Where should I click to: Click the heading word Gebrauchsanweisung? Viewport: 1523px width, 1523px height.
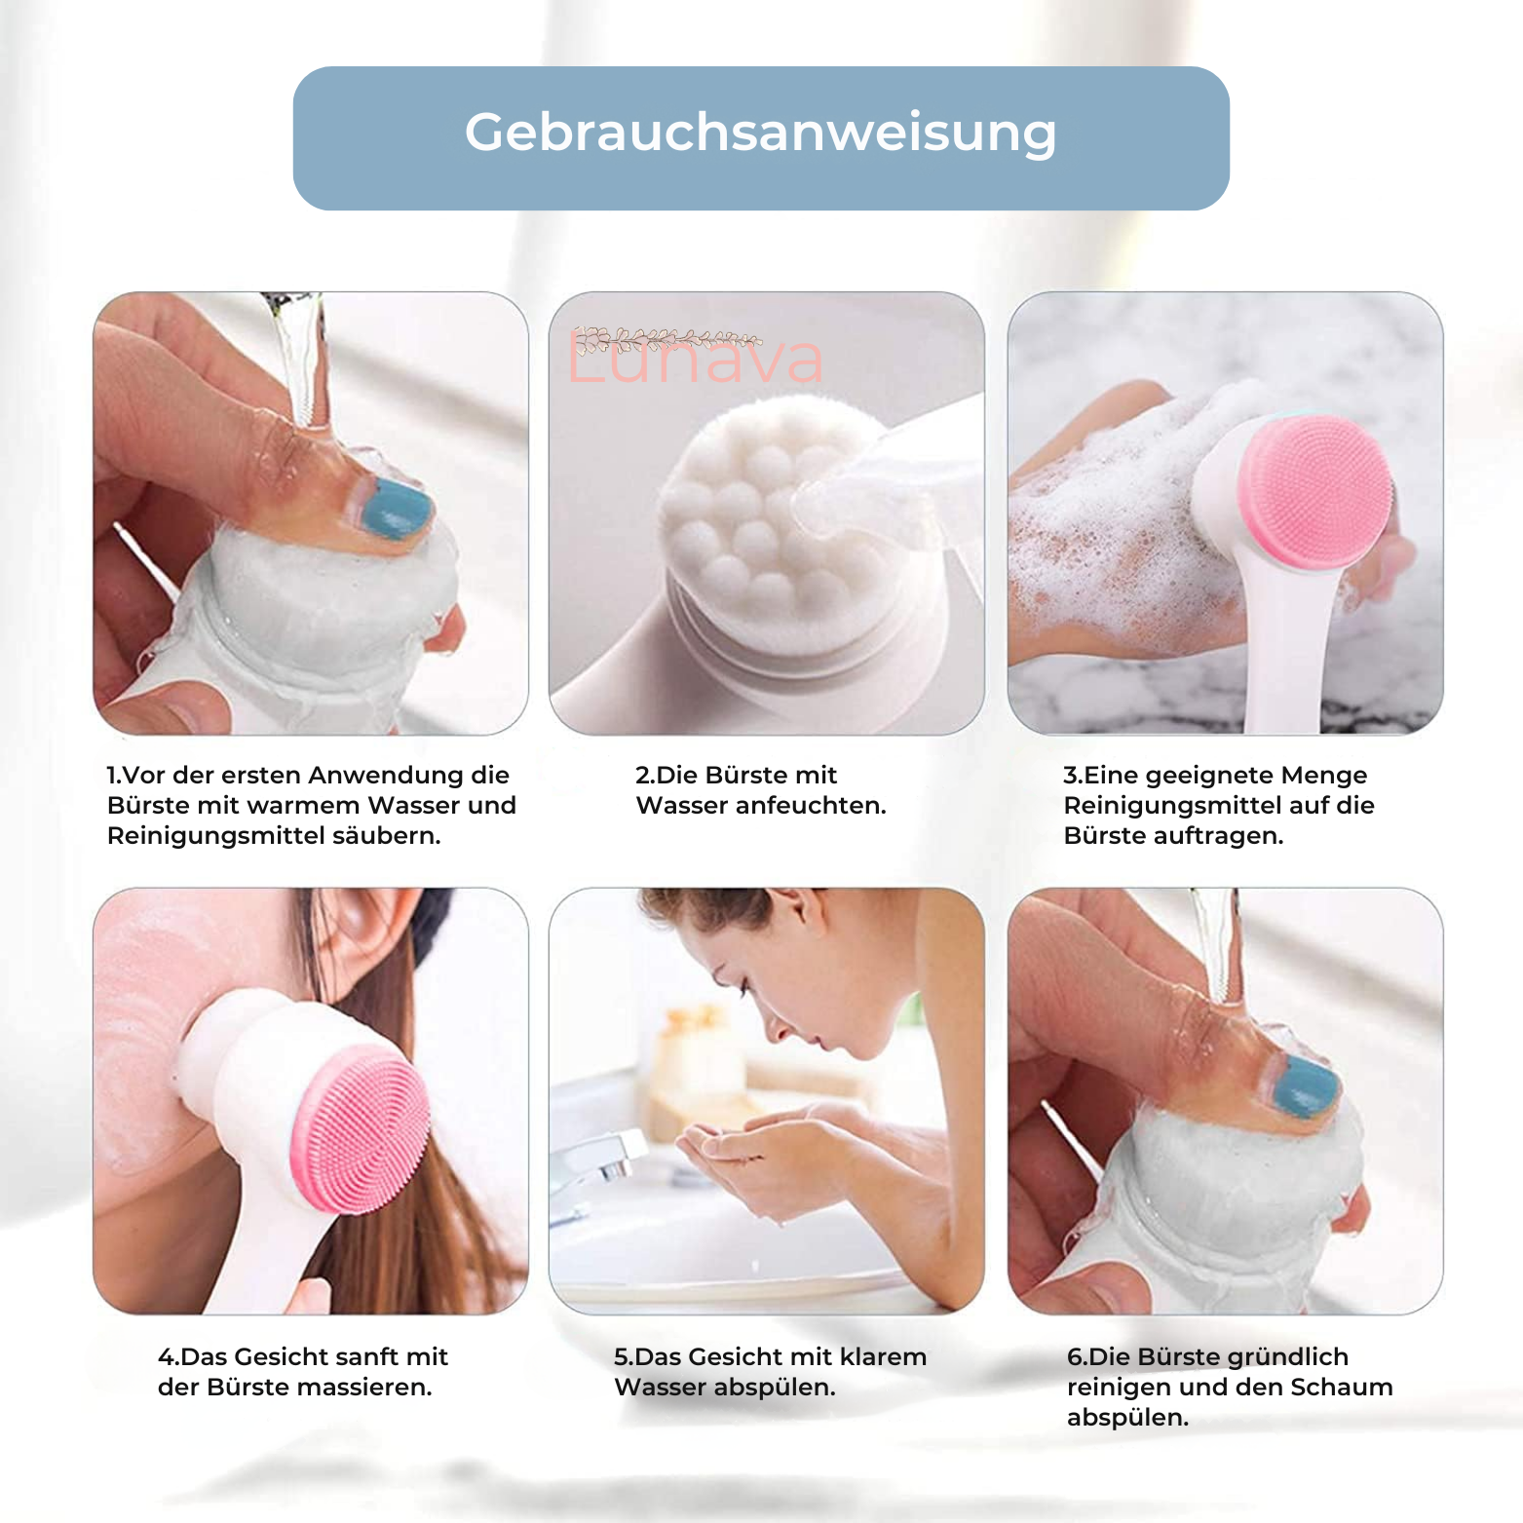tap(760, 133)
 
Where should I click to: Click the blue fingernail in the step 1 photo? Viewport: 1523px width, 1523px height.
tap(395, 508)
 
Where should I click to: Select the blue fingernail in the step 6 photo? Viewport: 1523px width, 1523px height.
tap(1304, 1085)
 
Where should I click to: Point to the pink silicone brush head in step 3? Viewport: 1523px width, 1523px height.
tap(1318, 491)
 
